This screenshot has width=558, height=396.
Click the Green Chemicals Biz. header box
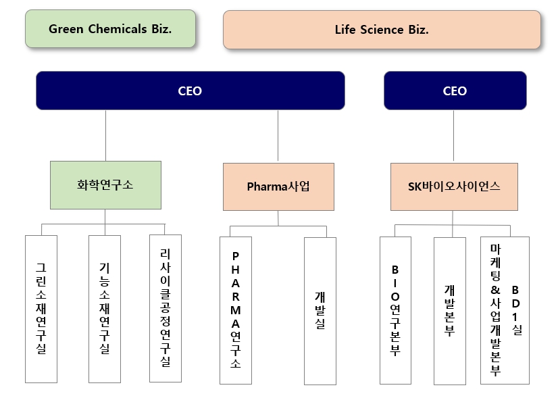[110, 29]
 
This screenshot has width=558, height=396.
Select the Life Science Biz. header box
[382, 30]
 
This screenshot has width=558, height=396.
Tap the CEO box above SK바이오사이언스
[455, 91]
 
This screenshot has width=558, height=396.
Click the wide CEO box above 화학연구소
[190, 91]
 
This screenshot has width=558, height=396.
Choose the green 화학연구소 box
[105, 184]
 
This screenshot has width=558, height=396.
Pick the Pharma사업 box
[278, 187]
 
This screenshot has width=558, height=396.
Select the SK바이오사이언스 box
[454, 187]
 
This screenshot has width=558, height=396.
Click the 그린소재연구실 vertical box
[41, 309]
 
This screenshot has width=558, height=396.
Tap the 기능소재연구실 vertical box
[105, 309]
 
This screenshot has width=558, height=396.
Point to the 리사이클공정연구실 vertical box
[166, 307]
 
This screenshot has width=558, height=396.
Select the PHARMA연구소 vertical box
[236, 310]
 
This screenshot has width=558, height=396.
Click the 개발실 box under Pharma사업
[320, 310]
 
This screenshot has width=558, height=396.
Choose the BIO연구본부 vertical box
[395, 310]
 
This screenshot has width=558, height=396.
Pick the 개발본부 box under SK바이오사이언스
[449, 311]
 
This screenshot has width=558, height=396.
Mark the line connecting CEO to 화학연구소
[105, 135]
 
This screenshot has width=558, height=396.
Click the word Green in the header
[65, 29]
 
